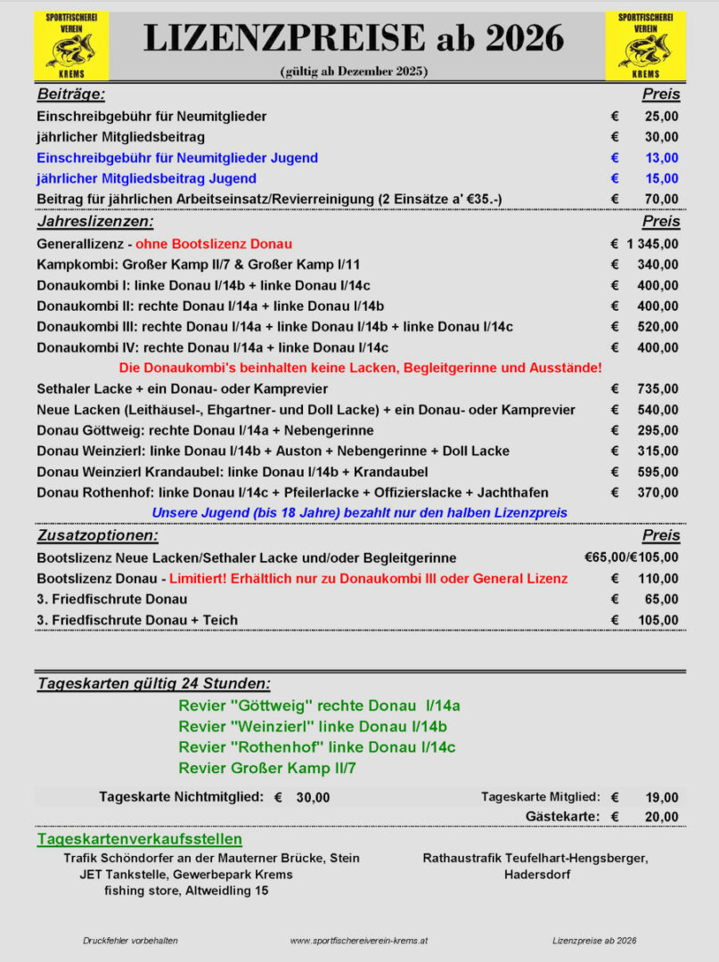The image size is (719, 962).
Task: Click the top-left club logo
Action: click(71, 45)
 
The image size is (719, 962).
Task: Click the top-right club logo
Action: click(646, 45)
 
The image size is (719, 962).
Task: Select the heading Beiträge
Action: click(71, 94)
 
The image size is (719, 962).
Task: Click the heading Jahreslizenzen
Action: click(95, 222)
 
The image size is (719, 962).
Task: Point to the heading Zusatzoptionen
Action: click(98, 536)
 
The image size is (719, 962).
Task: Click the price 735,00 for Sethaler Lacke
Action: click(659, 389)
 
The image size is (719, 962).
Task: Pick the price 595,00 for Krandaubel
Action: click(659, 472)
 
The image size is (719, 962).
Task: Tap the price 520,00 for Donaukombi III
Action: click(659, 327)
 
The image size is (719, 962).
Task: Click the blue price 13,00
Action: click(662, 158)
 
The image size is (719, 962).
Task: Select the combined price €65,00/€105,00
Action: click(632, 558)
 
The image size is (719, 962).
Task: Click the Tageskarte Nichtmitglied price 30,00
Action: click(313, 797)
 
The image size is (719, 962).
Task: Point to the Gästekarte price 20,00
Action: click(662, 817)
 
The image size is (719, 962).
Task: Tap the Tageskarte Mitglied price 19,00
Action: click(662, 797)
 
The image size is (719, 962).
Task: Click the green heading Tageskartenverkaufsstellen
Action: click(139, 839)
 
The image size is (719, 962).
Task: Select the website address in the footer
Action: click(359, 941)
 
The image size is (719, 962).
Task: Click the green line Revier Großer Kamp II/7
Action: click(267, 768)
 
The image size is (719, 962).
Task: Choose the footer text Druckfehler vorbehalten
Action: click(130, 941)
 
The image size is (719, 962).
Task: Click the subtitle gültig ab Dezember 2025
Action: click(353, 71)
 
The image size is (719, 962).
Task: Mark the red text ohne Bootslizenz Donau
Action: click(214, 244)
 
